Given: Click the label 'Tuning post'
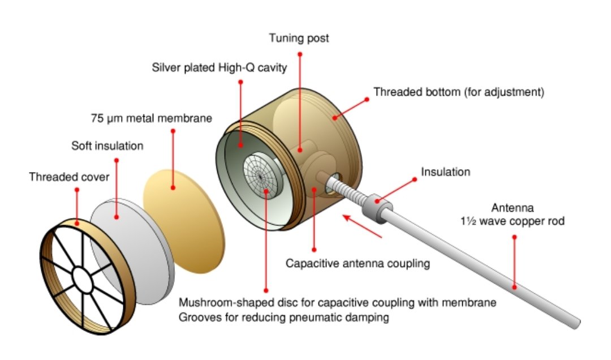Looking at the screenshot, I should pyautogui.click(x=300, y=38).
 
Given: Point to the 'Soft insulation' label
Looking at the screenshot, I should pyautogui.click(x=107, y=146).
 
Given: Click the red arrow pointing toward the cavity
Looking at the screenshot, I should pyautogui.click(x=363, y=224).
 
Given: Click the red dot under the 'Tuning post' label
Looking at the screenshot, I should pyautogui.click(x=300, y=54).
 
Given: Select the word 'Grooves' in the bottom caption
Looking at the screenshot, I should pyautogui.click(x=197, y=318).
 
